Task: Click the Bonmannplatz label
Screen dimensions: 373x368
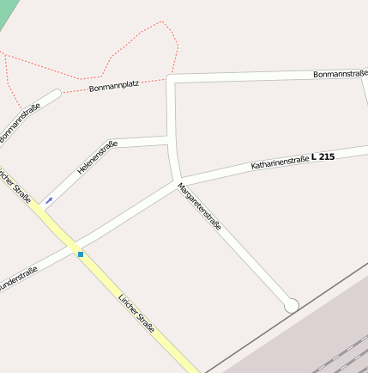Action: [114, 87]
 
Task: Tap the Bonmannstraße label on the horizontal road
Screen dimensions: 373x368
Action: [340, 74]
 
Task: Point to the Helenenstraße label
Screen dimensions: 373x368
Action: [96, 157]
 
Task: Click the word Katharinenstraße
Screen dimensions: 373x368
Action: [280, 161]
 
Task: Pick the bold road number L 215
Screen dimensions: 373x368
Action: [325, 156]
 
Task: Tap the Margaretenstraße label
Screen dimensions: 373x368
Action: [200, 206]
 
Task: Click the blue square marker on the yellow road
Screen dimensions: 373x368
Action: [81, 254]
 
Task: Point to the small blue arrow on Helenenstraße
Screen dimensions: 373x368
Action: [49, 200]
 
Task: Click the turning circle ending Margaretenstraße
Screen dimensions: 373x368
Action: [291, 305]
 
